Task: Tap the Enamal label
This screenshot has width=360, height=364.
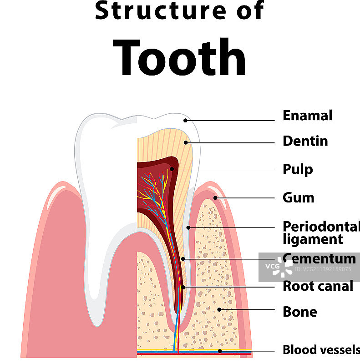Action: (307, 116)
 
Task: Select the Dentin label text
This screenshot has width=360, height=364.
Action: (305, 141)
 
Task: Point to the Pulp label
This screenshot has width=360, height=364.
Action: (298, 170)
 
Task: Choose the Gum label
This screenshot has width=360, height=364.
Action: (298, 198)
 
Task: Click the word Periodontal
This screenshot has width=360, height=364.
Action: (321, 226)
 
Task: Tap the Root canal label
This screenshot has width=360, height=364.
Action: (318, 286)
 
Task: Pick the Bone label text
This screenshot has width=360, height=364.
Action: (299, 312)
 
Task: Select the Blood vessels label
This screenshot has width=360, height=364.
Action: (321, 350)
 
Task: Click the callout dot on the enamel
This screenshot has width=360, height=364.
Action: (186, 120)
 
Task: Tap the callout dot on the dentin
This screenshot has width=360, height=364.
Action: (186, 142)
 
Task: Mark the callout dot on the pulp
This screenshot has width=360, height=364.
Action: (172, 169)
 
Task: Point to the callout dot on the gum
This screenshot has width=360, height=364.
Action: (215, 198)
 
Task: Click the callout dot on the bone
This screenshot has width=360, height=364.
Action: (219, 309)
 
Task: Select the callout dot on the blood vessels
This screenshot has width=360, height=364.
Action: (220, 351)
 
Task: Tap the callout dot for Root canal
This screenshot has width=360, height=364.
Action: (183, 287)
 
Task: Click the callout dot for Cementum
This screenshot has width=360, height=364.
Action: (183, 259)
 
